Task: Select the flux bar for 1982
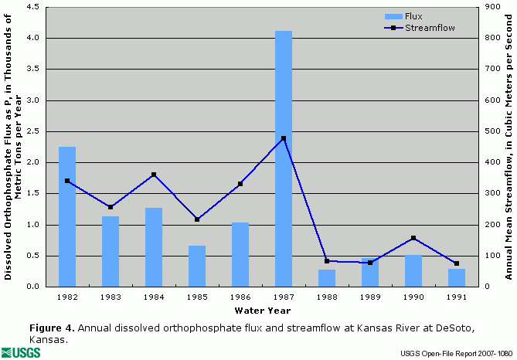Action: pyautogui.click(x=67, y=216)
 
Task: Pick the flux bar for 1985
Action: pyautogui.click(x=197, y=266)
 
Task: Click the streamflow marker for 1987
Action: pyautogui.click(x=284, y=138)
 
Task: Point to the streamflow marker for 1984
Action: pyautogui.click(x=154, y=175)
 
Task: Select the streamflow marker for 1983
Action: pyautogui.click(x=111, y=207)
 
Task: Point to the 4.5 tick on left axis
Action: pyautogui.click(x=36, y=7)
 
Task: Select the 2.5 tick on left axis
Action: pyautogui.click(x=36, y=131)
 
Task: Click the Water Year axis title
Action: pyautogui.click(x=262, y=311)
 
